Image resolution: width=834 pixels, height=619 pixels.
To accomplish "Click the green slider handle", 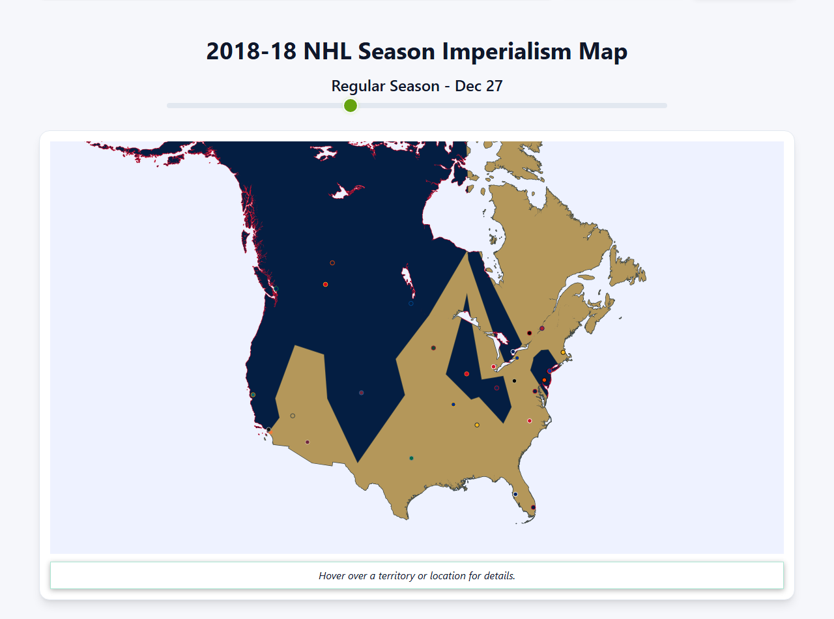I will (x=351, y=106).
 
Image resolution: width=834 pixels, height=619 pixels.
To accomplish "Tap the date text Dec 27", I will (x=479, y=86).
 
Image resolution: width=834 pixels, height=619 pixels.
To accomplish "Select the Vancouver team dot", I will (x=276, y=289).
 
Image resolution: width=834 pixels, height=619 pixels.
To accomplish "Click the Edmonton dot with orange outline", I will (x=332, y=263).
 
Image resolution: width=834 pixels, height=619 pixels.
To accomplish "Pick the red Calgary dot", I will (x=325, y=284).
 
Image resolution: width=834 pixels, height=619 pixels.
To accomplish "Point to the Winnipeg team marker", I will (x=410, y=303).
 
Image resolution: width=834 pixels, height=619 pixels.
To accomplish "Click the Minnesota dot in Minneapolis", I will (x=433, y=348).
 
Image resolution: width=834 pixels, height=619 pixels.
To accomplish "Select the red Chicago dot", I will (x=467, y=374).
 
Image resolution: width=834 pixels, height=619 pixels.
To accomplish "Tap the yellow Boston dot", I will (x=563, y=353).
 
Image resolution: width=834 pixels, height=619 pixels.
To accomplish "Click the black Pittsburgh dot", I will (x=514, y=381).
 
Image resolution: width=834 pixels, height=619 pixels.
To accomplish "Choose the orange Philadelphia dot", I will (x=544, y=380).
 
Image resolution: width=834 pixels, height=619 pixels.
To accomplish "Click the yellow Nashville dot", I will (x=477, y=425).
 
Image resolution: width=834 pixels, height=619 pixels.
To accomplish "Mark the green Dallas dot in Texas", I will (x=411, y=458).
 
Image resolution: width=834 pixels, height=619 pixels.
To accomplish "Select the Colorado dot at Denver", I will (x=361, y=393).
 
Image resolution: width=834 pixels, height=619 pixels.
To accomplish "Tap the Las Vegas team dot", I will (x=293, y=416).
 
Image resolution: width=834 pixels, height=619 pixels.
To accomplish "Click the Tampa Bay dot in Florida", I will (x=515, y=494).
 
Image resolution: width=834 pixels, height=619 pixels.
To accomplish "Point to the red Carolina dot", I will (x=529, y=421).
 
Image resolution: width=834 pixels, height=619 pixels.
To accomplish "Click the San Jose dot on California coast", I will (x=253, y=395).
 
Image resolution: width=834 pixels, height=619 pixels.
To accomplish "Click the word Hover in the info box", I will (x=333, y=576).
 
